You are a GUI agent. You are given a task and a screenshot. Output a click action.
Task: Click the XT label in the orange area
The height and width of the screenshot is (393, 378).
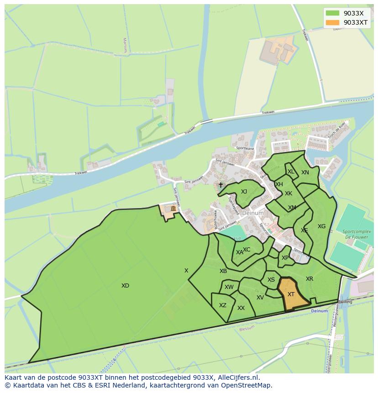click(x=291, y=294)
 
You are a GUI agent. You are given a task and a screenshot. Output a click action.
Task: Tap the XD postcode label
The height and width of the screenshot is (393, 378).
click(x=125, y=286)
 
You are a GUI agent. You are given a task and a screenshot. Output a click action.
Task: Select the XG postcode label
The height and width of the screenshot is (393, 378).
click(x=322, y=226)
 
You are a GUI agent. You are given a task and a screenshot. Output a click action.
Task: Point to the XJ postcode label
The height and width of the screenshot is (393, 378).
click(x=244, y=192)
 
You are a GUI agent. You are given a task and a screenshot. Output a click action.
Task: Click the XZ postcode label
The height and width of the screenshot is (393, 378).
click(x=223, y=305)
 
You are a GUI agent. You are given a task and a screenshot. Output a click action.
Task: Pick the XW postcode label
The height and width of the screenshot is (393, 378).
click(x=229, y=287)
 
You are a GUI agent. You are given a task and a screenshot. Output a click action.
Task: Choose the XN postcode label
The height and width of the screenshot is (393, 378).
click(x=305, y=173)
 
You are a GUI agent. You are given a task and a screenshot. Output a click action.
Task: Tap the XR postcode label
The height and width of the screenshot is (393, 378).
click(x=310, y=279)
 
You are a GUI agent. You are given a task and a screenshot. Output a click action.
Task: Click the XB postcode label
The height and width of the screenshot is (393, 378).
click(x=223, y=271)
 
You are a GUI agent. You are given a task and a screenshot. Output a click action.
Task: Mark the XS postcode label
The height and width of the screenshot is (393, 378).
click(x=271, y=280)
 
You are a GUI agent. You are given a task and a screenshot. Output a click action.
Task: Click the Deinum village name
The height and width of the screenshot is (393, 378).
click(x=253, y=213)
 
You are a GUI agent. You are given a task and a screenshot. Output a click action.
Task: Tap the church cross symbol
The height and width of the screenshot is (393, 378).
click(x=220, y=185)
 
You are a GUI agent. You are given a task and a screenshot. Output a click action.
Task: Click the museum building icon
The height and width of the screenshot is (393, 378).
click(x=173, y=209)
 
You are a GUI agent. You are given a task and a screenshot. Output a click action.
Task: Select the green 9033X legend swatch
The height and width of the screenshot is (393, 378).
click(x=333, y=13)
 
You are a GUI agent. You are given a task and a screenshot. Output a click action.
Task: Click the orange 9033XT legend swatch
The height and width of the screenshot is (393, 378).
click(x=333, y=22)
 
